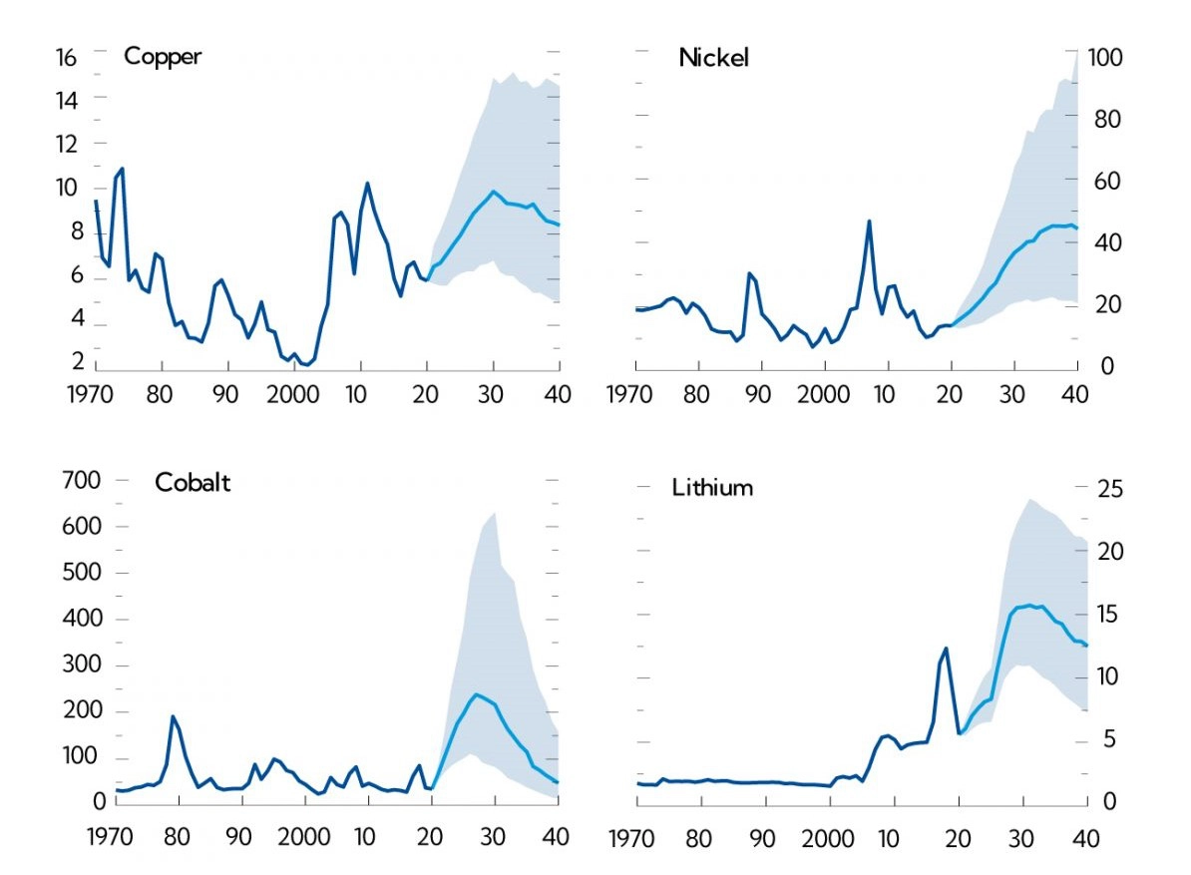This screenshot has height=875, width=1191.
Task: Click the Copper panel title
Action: tap(162, 56)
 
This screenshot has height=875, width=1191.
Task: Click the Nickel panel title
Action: tap(713, 58)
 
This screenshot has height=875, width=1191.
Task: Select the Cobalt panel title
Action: tap(193, 483)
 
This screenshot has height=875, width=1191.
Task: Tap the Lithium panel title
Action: tap(712, 488)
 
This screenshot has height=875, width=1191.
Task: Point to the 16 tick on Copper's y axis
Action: tap(65, 57)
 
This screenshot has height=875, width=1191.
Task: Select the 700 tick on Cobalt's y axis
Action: tap(81, 481)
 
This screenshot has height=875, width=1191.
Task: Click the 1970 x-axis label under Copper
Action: tap(95, 393)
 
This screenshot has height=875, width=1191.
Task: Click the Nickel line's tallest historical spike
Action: tap(869, 221)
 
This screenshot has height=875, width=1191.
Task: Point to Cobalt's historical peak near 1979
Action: tap(173, 716)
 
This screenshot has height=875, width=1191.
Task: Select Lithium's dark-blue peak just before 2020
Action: tap(946, 649)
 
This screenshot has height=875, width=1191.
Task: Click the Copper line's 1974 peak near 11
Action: tap(122, 169)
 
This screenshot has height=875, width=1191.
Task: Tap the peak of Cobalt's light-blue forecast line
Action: tap(476, 694)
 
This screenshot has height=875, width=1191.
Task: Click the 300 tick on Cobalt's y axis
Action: tap(81, 665)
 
